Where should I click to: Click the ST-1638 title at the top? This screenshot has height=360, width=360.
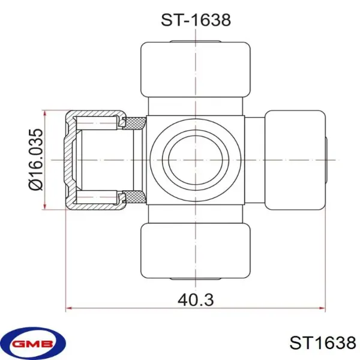click(x=196, y=20)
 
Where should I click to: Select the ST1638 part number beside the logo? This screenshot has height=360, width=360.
click(x=323, y=343)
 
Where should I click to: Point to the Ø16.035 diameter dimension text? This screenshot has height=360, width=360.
click(x=36, y=160)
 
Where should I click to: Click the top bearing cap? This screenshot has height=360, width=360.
click(x=196, y=70)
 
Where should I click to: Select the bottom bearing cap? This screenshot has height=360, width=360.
click(x=196, y=251)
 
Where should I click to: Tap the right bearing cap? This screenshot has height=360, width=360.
click(x=295, y=160)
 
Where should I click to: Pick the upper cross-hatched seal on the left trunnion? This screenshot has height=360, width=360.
click(x=134, y=123)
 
